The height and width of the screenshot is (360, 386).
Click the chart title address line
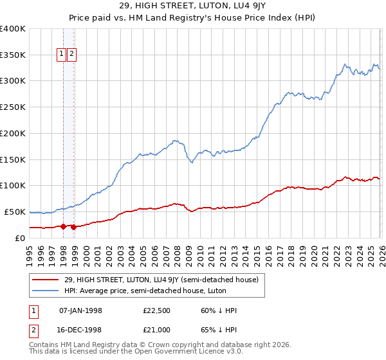[192, 6]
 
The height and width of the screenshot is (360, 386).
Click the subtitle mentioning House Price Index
[192, 18]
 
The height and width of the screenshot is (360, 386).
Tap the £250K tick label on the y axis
[12, 107]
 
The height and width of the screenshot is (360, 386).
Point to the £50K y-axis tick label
[15, 212]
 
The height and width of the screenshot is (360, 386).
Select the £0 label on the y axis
[21, 238]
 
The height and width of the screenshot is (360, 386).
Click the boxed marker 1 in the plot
[62, 55]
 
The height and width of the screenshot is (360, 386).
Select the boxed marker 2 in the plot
[71, 55]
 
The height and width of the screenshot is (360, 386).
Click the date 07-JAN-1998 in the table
[80, 310]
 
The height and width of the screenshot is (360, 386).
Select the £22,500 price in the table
[157, 310]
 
